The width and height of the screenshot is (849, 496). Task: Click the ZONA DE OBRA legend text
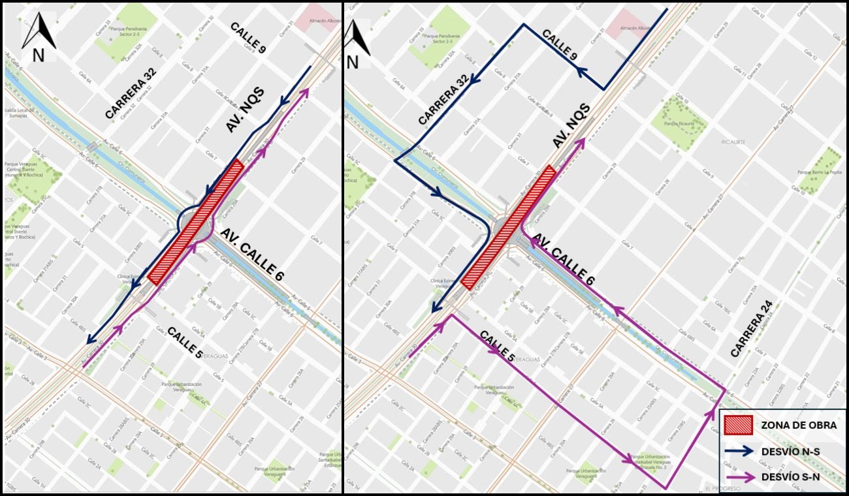click(x=799, y=426)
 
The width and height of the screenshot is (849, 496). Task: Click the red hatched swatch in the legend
click(x=739, y=426)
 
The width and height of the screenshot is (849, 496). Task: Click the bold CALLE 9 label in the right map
click(x=560, y=46)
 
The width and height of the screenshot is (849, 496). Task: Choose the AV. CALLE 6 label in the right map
click(x=562, y=260)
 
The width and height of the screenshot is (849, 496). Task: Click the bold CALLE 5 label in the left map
click(x=185, y=343)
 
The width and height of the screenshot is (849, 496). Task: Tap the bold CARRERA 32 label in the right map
click(x=443, y=100)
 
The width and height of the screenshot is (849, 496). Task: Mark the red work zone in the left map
click(x=196, y=222)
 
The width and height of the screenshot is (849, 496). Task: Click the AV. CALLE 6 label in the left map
click(x=251, y=255)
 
